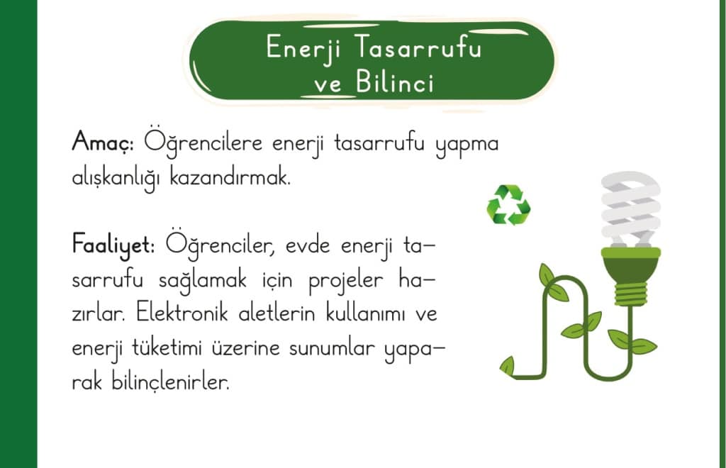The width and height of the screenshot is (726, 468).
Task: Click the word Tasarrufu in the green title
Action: [420, 48]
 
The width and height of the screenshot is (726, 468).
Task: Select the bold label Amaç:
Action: [104, 141]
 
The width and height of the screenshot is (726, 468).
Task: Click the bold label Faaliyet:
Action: [113, 245]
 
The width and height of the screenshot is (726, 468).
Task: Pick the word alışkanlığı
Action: [116, 178]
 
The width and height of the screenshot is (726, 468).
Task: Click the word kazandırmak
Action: [230, 177]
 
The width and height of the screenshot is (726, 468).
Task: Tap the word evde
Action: [308, 245]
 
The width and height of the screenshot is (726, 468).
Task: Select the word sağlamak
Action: [202, 281]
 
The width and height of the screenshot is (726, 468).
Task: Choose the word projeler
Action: [346, 281]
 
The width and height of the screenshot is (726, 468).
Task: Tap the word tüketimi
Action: [167, 347]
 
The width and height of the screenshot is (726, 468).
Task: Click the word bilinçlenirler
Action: [170, 382]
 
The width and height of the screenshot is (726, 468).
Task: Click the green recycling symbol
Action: [508, 205]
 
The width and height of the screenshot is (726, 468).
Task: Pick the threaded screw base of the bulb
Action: [630, 294]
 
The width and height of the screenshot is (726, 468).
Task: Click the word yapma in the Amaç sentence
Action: [467, 144]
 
